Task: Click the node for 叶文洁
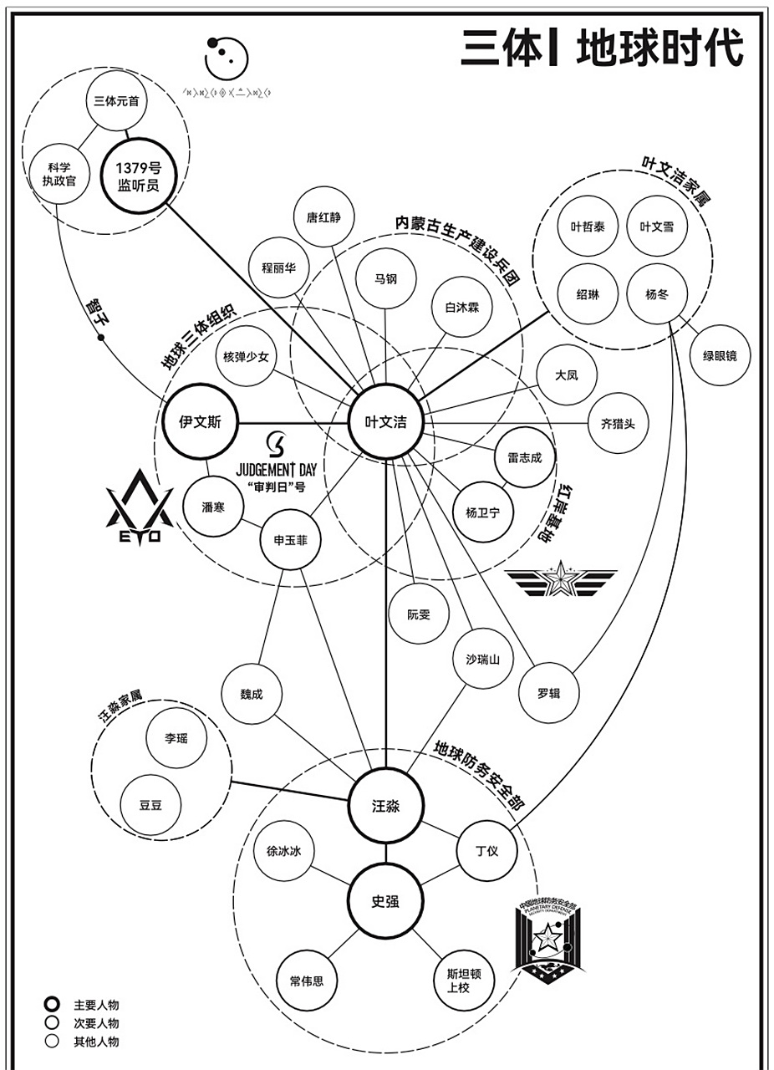click(x=386, y=423)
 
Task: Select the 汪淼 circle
click(x=386, y=806)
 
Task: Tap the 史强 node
click(x=385, y=902)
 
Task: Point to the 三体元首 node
click(x=116, y=101)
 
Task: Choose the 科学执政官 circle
click(x=59, y=174)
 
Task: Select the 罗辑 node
click(x=549, y=693)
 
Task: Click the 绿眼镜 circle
click(x=720, y=356)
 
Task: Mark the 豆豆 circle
click(x=151, y=805)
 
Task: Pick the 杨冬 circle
click(x=656, y=294)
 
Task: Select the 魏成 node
click(x=252, y=694)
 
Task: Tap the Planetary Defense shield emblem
click(x=548, y=941)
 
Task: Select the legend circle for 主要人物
click(x=52, y=1005)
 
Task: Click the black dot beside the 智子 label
click(x=101, y=338)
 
